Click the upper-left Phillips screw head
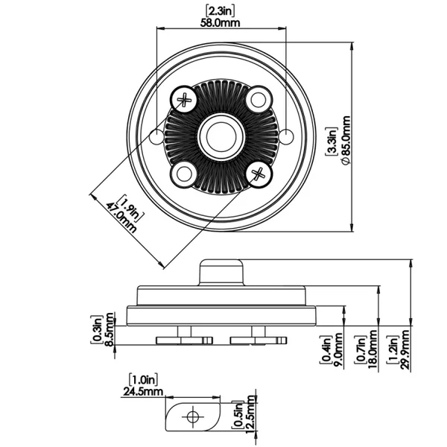pyautogui.click(x=183, y=98)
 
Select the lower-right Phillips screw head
pyautogui.click(x=259, y=175)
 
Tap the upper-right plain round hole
pyautogui.click(x=259, y=98)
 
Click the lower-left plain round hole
pyautogui.click(x=183, y=175)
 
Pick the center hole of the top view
pyautogui.click(x=221, y=136)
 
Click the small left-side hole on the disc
pyautogui.click(x=156, y=136)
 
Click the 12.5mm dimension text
pyautogui.click(x=250, y=413)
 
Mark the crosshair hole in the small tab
pyautogui.click(x=193, y=416)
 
